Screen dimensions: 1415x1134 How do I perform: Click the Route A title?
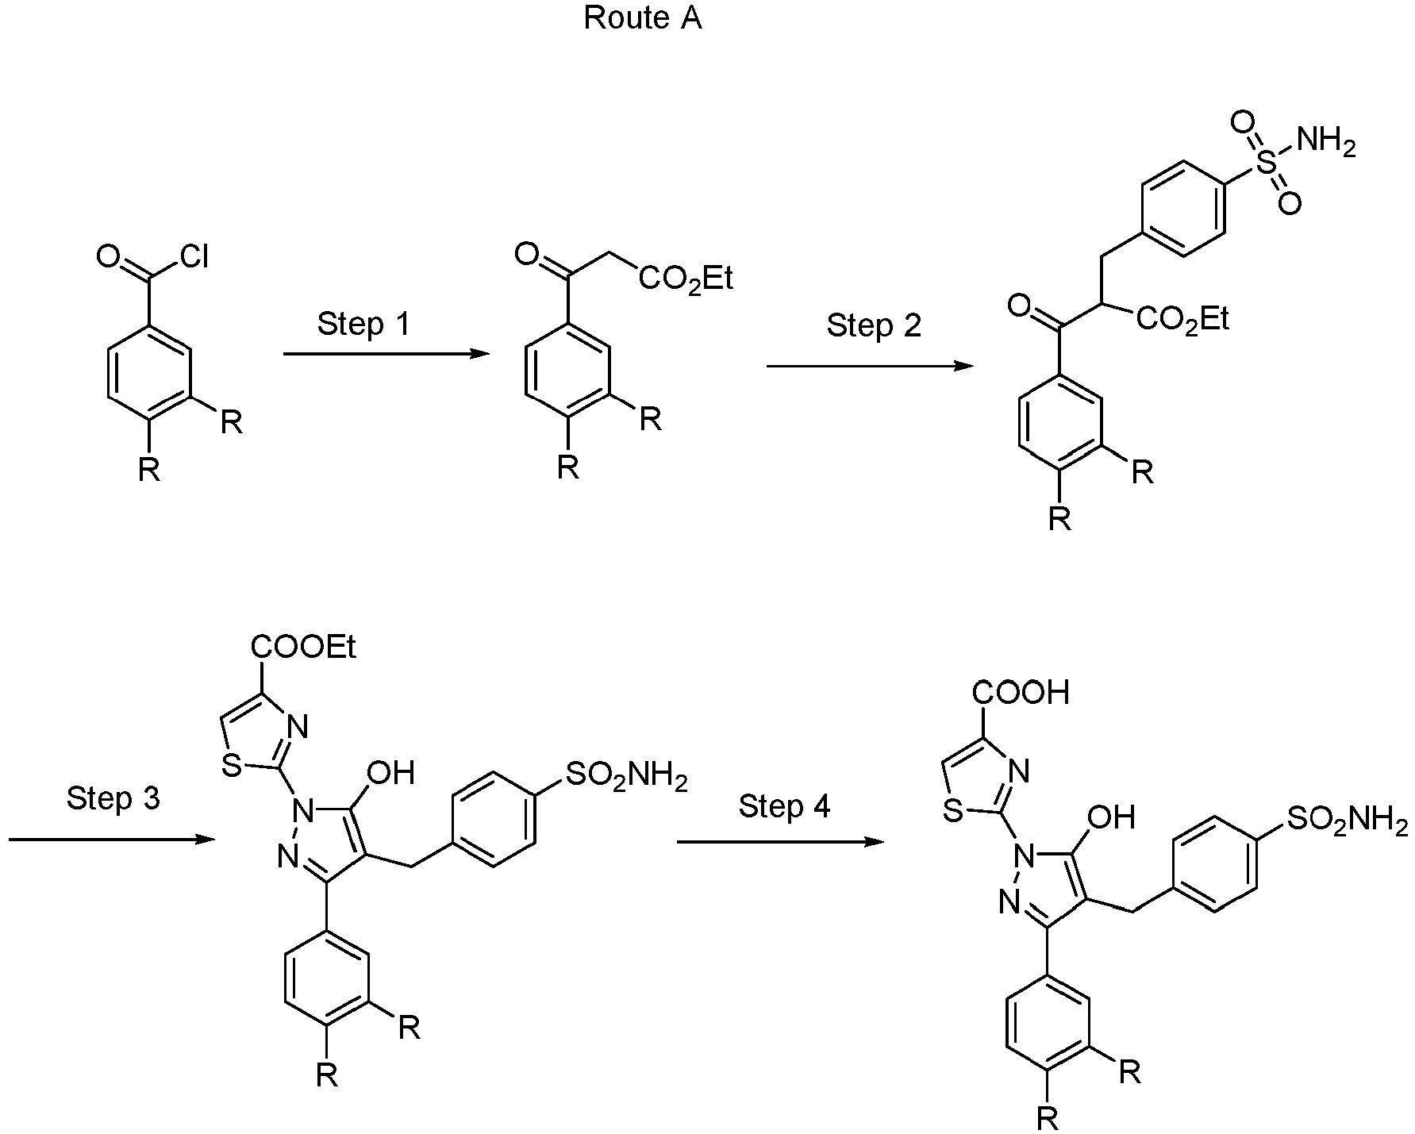643,18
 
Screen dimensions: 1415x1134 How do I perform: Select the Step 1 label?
363,324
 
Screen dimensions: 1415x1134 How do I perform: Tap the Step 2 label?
874,325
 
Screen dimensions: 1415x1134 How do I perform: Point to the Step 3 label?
113,798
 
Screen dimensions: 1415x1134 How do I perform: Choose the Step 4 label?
784,806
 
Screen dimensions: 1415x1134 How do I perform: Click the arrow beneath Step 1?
387,354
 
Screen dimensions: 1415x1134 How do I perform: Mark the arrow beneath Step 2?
871,366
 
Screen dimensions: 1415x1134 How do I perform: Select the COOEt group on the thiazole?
303,648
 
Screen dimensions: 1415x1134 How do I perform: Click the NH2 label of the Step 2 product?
1326,143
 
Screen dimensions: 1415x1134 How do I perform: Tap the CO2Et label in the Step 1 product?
686,279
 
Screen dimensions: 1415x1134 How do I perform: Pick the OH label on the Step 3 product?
392,772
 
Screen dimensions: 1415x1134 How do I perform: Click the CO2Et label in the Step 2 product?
1182,320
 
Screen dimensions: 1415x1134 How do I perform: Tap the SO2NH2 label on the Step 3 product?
626,777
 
